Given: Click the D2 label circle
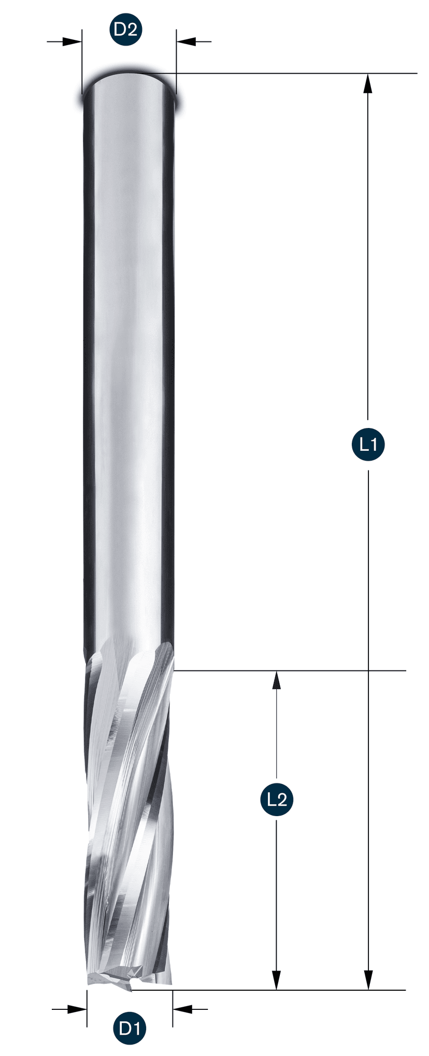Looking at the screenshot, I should pyautogui.click(x=125, y=30).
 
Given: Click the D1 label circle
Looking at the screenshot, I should pyautogui.click(x=130, y=1028).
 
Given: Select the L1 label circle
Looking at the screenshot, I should pyautogui.click(x=368, y=445).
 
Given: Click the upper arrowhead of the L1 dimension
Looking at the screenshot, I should pyautogui.click(x=368, y=83).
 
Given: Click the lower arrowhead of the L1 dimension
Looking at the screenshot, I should pyautogui.click(x=368, y=980).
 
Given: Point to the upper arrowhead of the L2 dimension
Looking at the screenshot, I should pyautogui.click(x=277, y=680).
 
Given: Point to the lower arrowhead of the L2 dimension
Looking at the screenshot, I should pyautogui.click(x=277, y=980).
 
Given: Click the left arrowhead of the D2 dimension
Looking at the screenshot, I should pyautogui.click(x=73, y=41).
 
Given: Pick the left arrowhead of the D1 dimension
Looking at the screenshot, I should pyautogui.click(x=77, y=1008).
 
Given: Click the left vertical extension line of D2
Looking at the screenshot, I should pyautogui.click(x=82, y=62).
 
